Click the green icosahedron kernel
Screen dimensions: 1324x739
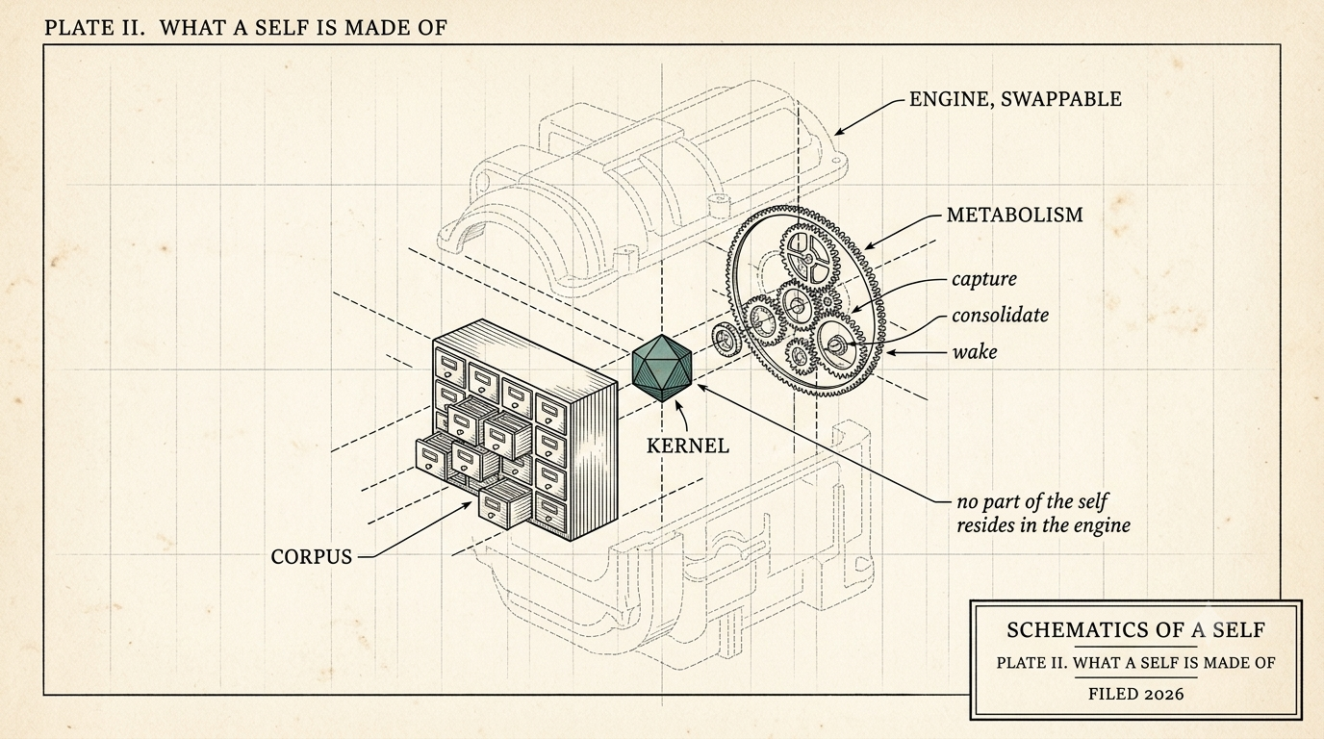tap(661, 368)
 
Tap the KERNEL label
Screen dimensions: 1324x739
tap(687, 446)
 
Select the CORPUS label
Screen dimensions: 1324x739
tap(312, 557)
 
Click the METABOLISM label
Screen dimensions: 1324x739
tap(1015, 215)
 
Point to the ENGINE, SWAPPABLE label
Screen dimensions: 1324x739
tap(1015, 99)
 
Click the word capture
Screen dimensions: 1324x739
tap(984, 279)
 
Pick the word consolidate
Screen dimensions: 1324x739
tap(1000, 315)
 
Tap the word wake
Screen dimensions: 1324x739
tap(975, 352)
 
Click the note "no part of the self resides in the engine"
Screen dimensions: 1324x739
tap(1043, 514)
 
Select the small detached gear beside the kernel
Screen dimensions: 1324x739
tap(724, 341)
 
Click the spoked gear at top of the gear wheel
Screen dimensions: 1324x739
tap(806, 258)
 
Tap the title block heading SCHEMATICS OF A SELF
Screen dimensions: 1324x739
tap(1135, 630)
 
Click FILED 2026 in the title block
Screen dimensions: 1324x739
tap(1136, 694)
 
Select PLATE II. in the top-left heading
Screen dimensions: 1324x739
tap(94, 28)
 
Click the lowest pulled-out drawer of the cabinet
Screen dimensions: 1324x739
tap(504, 504)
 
